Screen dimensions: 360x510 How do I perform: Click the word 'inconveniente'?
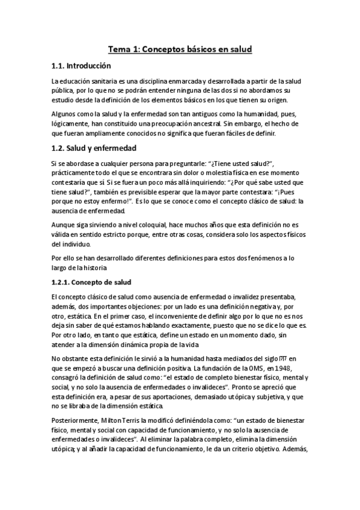click(166, 316)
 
